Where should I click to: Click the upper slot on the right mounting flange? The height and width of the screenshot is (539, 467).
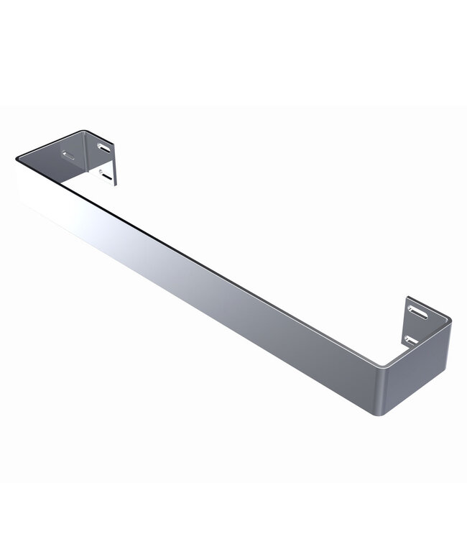pos(417,312)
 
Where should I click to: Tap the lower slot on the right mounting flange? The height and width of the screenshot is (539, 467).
pos(410,337)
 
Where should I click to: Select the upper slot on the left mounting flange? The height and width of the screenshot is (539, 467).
pos(105,149)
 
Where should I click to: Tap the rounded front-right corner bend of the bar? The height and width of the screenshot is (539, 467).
pos(388,392)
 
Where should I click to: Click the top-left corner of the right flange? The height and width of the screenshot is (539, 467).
pos(407,298)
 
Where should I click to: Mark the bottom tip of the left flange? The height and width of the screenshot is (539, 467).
pos(113,184)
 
